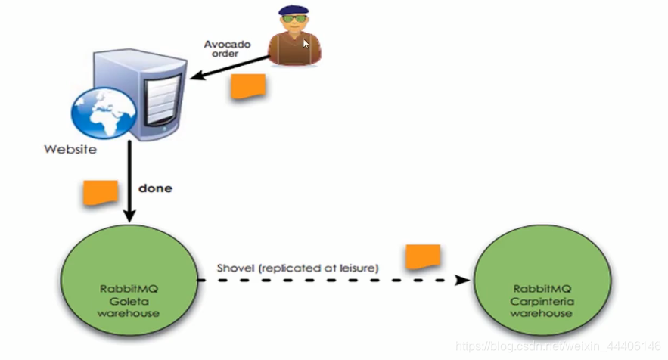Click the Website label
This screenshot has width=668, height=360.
[x=70, y=149]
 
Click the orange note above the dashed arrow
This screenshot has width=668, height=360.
[x=423, y=257]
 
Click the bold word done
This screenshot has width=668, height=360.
[x=157, y=188]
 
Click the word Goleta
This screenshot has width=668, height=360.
[x=130, y=301]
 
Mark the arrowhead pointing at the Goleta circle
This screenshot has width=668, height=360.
[x=130, y=218]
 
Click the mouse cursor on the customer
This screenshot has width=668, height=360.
[x=306, y=43]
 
